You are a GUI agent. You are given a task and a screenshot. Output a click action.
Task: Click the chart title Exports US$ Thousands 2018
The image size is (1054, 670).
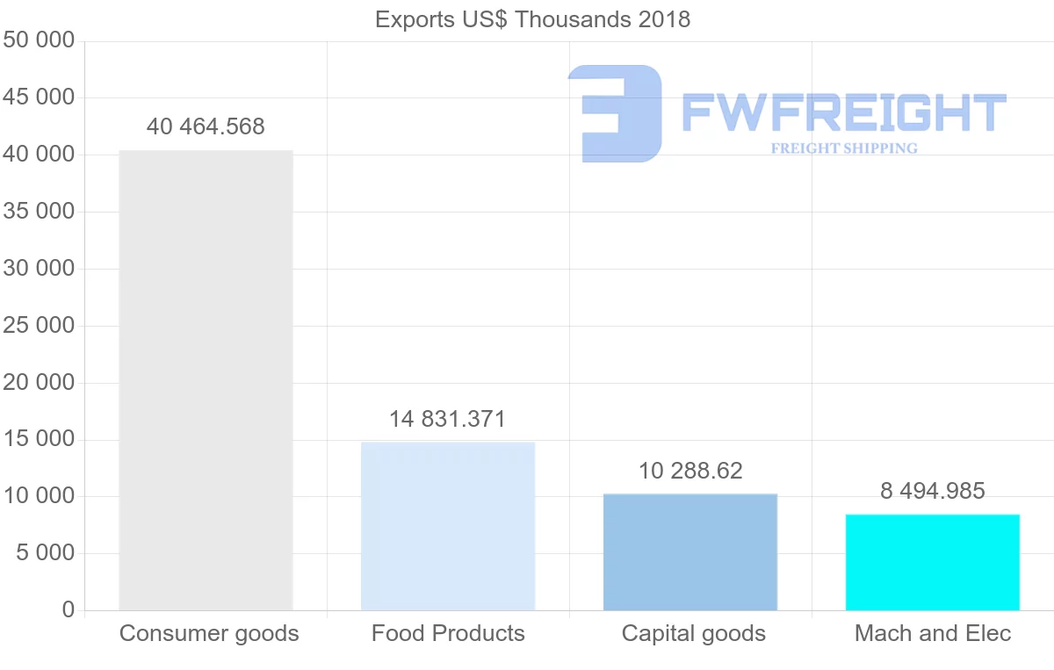[x=532, y=19]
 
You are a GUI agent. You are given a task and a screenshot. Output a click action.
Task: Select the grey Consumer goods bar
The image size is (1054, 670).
[x=206, y=380]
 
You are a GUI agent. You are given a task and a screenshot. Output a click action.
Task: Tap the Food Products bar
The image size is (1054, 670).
[x=448, y=526]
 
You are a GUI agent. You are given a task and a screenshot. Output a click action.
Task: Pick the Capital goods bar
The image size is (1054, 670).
[x=690, y=552]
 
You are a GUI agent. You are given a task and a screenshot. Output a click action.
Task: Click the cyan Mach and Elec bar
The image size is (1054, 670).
[x=933, y=562]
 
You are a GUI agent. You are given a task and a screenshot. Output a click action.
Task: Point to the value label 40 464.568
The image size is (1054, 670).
[x=206, y=126]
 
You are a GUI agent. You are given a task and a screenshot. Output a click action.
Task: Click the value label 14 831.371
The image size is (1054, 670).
[x=448, y=419]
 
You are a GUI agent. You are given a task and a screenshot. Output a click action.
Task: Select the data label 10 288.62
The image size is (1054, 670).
[x=690, y=471]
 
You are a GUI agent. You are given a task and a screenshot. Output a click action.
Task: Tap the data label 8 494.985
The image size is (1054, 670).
[x=933, y=491]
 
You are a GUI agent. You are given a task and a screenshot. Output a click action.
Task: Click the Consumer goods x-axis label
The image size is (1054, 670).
[x=209, y=633]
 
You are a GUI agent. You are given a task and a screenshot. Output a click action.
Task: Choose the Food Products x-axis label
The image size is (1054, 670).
[x=448, y=633]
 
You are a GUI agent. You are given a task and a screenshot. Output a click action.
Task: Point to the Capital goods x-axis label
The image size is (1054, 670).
[x=694, y=633]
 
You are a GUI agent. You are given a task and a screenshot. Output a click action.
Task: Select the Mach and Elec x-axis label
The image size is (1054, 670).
[x=933, y=633]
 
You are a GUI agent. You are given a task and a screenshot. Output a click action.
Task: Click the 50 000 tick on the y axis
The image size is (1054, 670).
[x=39, y=41]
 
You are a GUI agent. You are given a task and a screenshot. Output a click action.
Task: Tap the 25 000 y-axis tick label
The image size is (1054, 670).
[x=39, y=326]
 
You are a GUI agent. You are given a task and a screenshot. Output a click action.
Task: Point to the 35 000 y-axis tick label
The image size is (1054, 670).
[x=39, y=212]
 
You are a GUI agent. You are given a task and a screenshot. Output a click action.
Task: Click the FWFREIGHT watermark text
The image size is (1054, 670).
[x=843, y=113]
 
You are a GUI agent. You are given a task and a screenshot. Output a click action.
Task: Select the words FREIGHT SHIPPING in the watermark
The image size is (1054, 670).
[x=844, y=148]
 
